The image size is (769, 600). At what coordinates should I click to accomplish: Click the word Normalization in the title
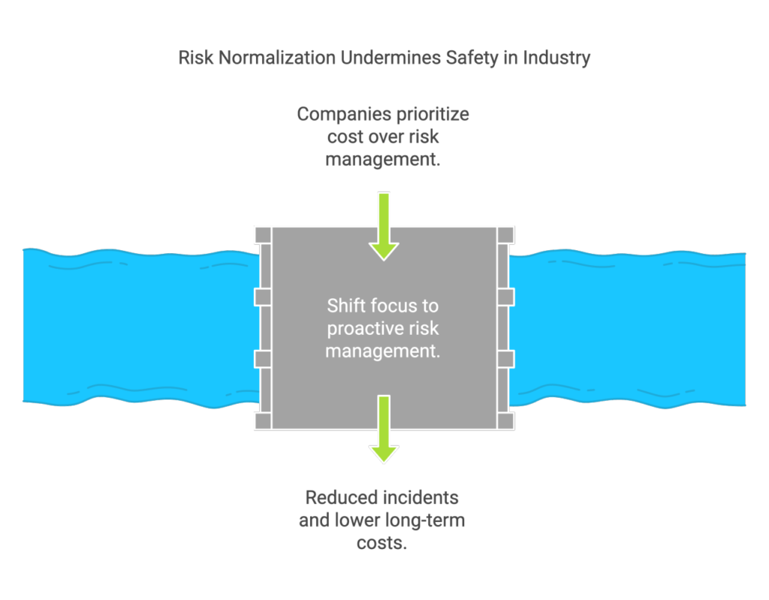coord(276,58)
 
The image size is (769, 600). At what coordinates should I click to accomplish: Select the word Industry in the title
coord(556,59)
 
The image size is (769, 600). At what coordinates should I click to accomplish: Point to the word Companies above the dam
coord(344,115)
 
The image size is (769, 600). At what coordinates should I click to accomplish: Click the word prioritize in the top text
coord(433,115)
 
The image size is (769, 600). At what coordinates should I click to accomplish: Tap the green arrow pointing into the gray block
coord(384,227)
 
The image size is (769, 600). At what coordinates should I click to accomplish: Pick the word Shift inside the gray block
coord(345,306)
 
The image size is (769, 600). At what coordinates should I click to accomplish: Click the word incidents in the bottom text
coord(420,497)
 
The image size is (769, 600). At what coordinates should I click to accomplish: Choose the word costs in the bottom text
coord(382,543)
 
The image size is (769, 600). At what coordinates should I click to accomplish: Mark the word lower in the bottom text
coord(357,520)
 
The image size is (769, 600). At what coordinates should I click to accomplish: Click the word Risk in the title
coord(196,58)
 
